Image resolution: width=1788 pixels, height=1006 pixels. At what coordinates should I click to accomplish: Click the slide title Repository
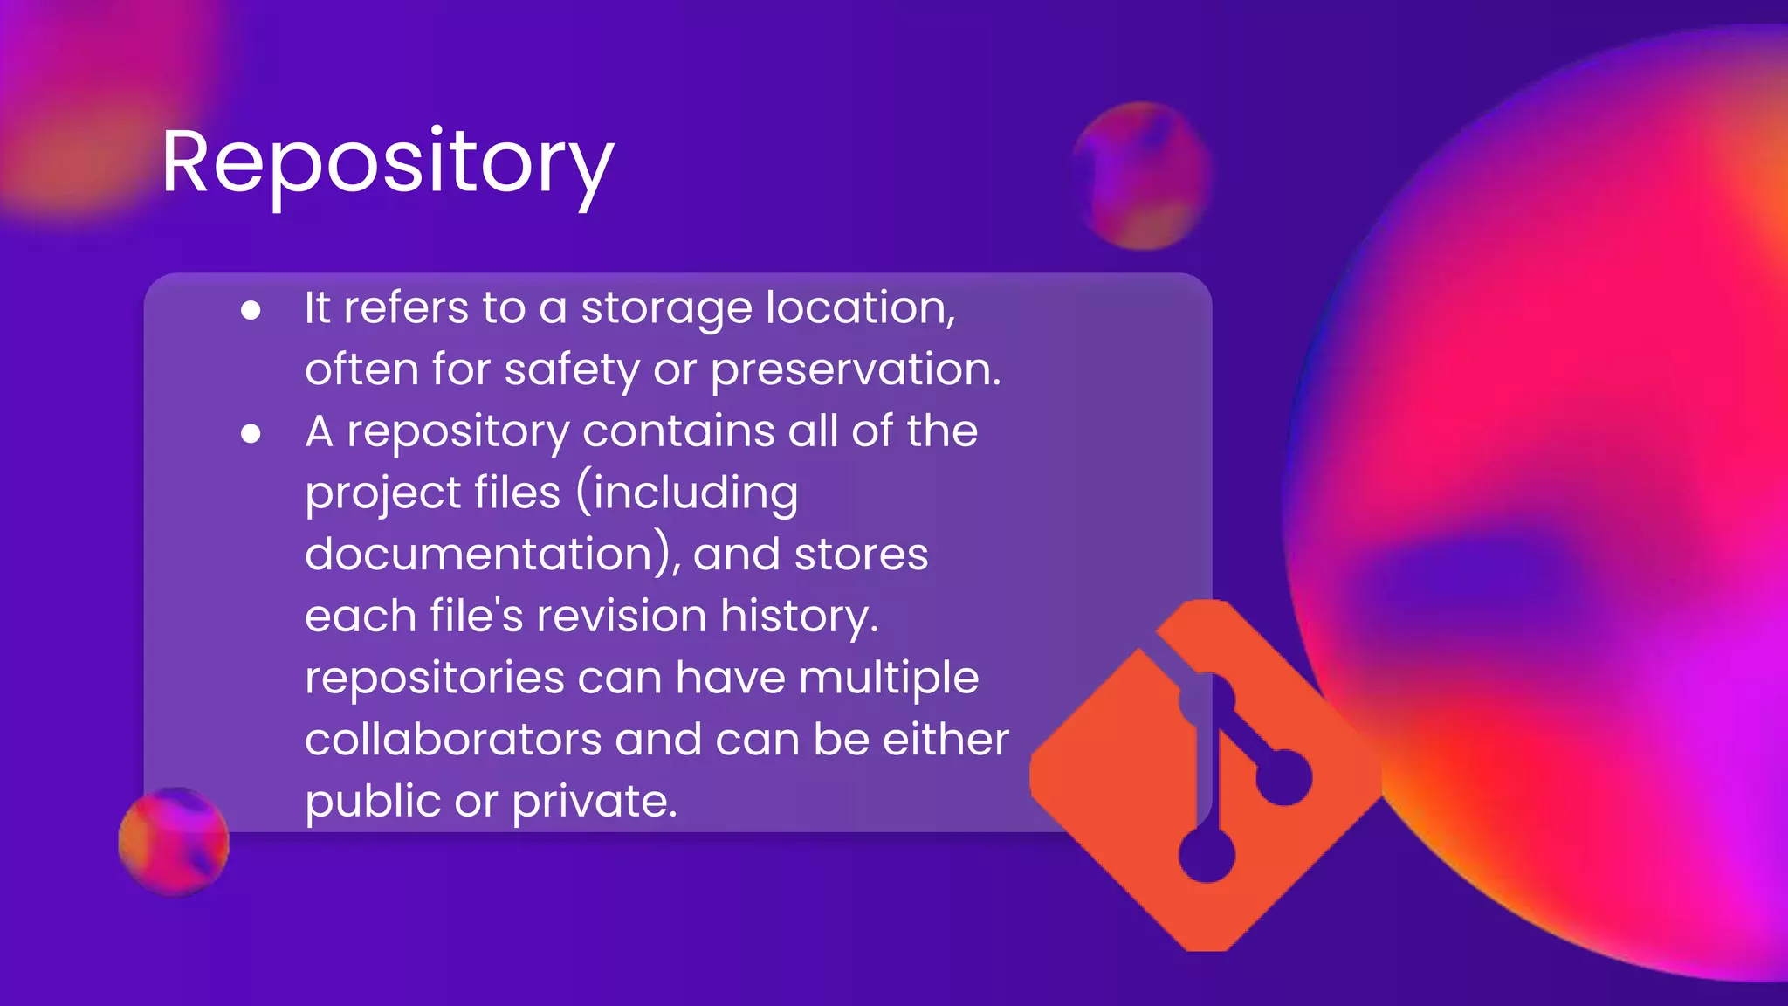click(388, 163)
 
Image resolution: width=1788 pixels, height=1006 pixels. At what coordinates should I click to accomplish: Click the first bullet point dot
click(251, 311)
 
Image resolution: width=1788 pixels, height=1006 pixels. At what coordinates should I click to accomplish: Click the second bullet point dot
click(251, 434)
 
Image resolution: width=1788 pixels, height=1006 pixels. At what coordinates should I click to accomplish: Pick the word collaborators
click(453, 740)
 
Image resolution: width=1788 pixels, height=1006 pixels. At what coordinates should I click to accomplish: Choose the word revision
click(621, 617)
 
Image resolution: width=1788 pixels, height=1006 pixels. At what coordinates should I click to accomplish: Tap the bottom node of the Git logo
click(1207, 854)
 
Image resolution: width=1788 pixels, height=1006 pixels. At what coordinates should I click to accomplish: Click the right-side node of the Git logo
click(1284, 776)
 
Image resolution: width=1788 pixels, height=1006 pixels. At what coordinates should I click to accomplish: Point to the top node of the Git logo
click(1207, 700)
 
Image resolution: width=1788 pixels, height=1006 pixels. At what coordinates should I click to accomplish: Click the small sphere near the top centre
click(1141, 176)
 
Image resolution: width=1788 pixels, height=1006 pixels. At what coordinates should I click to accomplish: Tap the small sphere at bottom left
click(174, 842)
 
